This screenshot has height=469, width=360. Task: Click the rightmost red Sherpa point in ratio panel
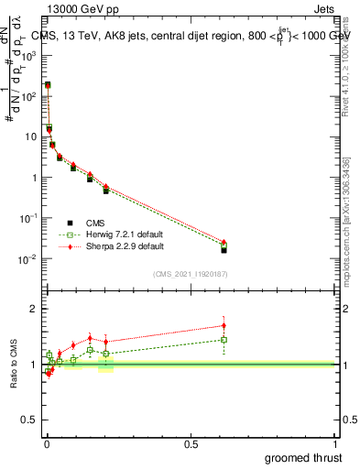tap(224, 325)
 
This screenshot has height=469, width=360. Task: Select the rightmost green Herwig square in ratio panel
tap(224, 340)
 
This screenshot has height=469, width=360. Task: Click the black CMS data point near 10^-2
tap(224, 249)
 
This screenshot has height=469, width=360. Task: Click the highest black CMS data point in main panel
tap(48, 85)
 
